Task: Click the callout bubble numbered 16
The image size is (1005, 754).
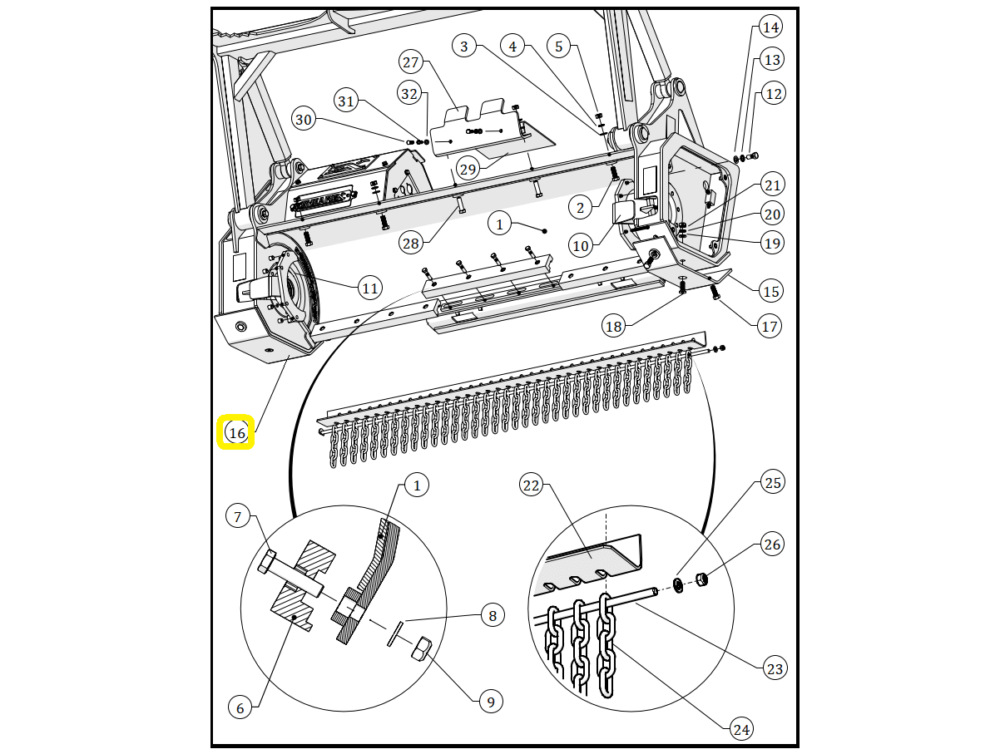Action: coord(237,432)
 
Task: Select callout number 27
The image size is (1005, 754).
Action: coord(411,62)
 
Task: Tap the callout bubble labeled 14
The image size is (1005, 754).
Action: coord(771,27)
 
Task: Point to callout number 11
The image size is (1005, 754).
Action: coord(369,288)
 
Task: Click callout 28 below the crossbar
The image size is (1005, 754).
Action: coord(410,243)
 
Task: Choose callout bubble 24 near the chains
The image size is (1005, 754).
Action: coord(740,729)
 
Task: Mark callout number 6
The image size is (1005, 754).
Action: coord(240,707)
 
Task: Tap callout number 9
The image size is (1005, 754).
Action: coord(490,702)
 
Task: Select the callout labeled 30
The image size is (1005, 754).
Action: coord(304,120)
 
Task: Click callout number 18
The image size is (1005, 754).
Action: coord(613,326)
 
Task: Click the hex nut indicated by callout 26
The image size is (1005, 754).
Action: coord(701,579)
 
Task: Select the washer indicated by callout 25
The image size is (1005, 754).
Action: coord(678,586)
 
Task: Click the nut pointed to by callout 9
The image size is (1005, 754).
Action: coord(421,648)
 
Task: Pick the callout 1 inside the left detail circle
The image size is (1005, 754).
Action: coord(417,485)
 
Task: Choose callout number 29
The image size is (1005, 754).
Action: coord(468,169)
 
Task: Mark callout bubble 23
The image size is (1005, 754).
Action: coord(774,668)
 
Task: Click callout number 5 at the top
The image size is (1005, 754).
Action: coord(559,46)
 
